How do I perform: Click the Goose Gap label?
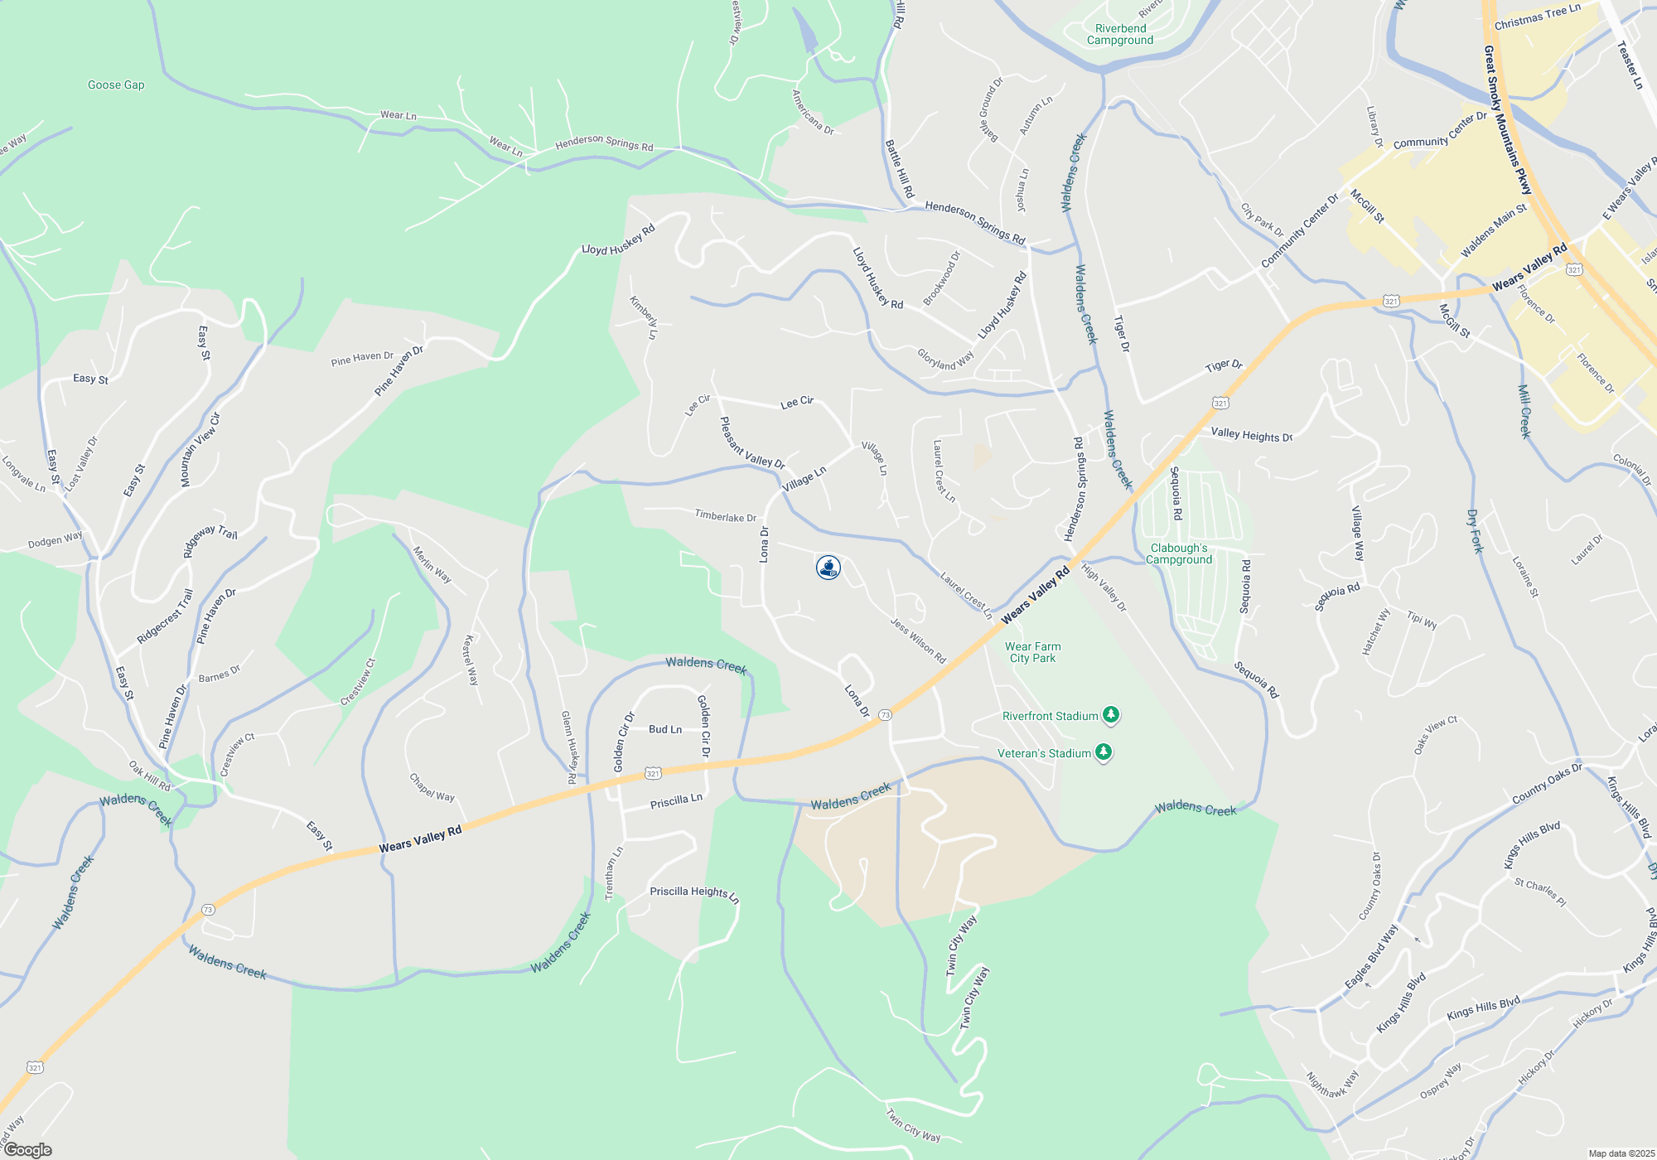(116, 85)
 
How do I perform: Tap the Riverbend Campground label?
(1120, 34)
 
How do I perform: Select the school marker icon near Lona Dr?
(828, 568)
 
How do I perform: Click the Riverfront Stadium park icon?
(1111, 715)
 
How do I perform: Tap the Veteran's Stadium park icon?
(1103, 752)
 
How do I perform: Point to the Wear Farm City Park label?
(1032, 652)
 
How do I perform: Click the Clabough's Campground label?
(1179, 553)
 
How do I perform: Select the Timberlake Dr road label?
(725, 516)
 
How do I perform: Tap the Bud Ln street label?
(665, 729)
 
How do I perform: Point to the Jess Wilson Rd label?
(918, 640)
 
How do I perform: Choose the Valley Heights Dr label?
(1251, 434)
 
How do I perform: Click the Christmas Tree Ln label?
(1537, 17)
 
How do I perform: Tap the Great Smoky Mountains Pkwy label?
(1507, 120)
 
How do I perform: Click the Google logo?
(27, 1150)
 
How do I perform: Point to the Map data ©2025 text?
(1621, 1153)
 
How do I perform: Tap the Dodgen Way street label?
(56, 540)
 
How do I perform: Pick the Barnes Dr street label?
(220, 674)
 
